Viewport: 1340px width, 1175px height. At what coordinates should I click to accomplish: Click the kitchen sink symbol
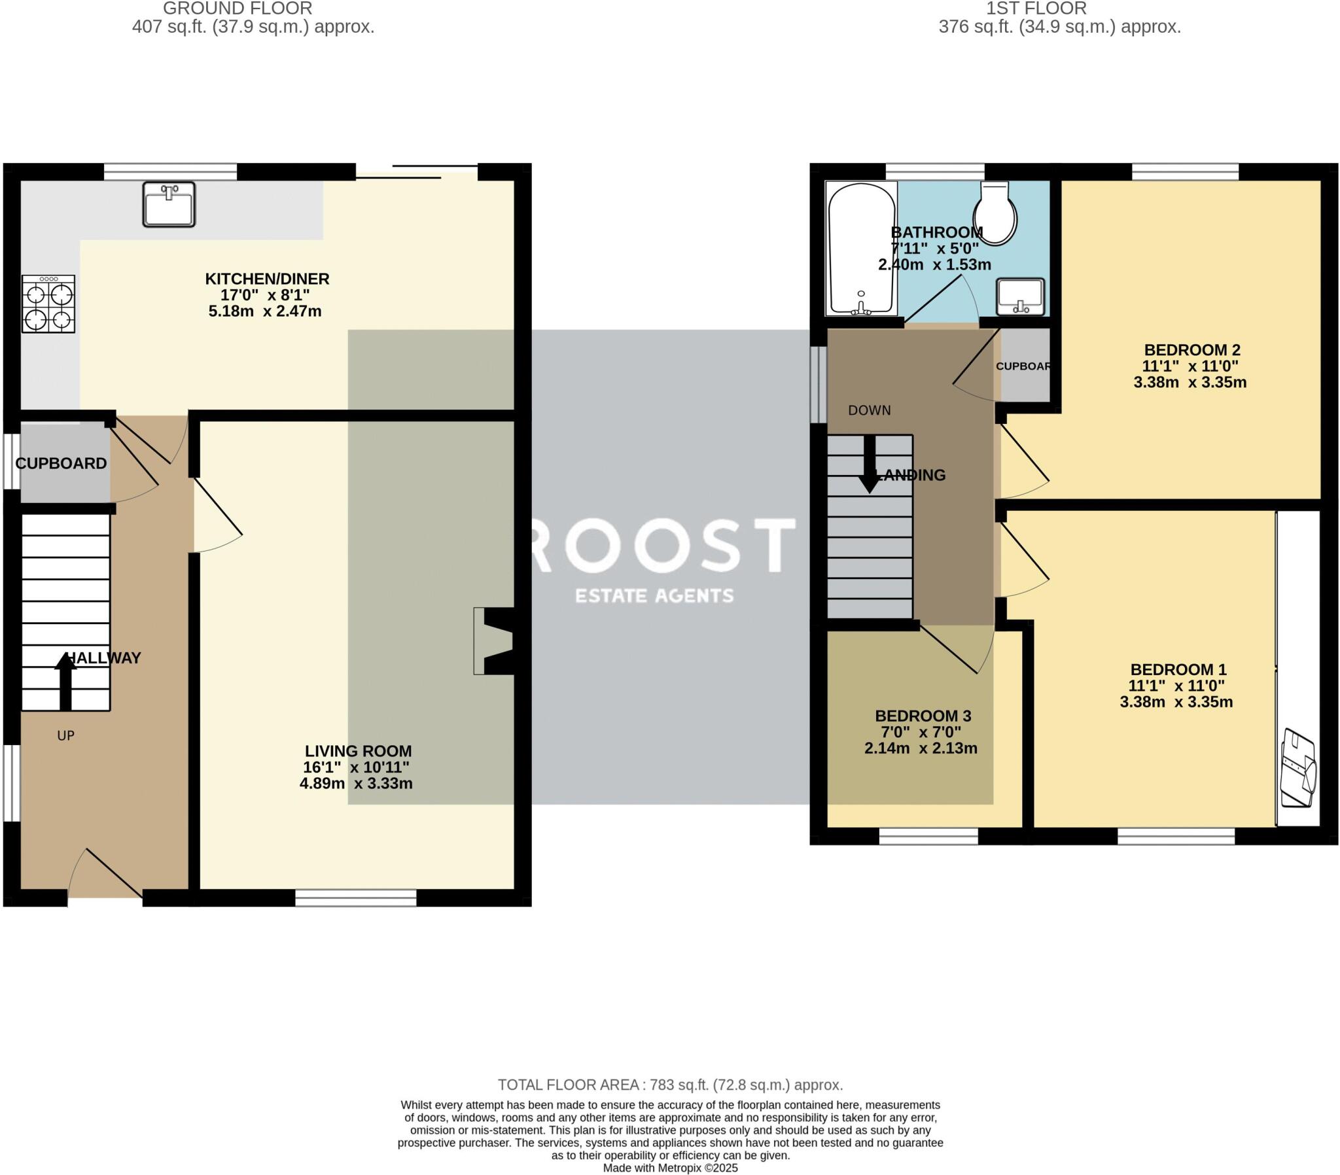click(x=169, y=205)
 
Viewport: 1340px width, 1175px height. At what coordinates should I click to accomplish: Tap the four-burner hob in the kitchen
click(x=48, y=304)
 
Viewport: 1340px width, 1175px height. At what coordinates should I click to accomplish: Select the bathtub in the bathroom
click(x=862, y=249)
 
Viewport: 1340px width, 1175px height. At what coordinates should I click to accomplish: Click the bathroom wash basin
click(x=1020, y=297)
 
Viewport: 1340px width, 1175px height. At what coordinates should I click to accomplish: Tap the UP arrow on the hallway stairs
click(x=65, y=681)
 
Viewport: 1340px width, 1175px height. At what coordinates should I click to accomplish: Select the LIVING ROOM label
click(x=358, y=751)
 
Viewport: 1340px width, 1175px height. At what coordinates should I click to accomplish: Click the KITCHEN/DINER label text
click(x=267, y=279)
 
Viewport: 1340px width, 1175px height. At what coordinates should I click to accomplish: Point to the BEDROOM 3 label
click(x=923, y=716)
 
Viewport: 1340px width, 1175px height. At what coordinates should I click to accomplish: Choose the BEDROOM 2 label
click(x=1192, y=350)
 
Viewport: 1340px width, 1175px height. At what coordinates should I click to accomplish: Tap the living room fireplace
click(x=493, y=641)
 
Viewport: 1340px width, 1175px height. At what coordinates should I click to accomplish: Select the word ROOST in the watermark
click(x=663, y=544)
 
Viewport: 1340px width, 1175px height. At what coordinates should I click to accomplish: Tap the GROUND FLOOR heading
click(x=238, y=9)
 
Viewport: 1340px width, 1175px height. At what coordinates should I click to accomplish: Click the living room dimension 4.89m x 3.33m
click(x=356, y=783)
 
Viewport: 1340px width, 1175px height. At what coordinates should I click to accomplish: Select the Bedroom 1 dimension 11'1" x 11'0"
click(x=1177, y=686)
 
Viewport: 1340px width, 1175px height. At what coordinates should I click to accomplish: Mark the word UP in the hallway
click(x=65, y=736)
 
